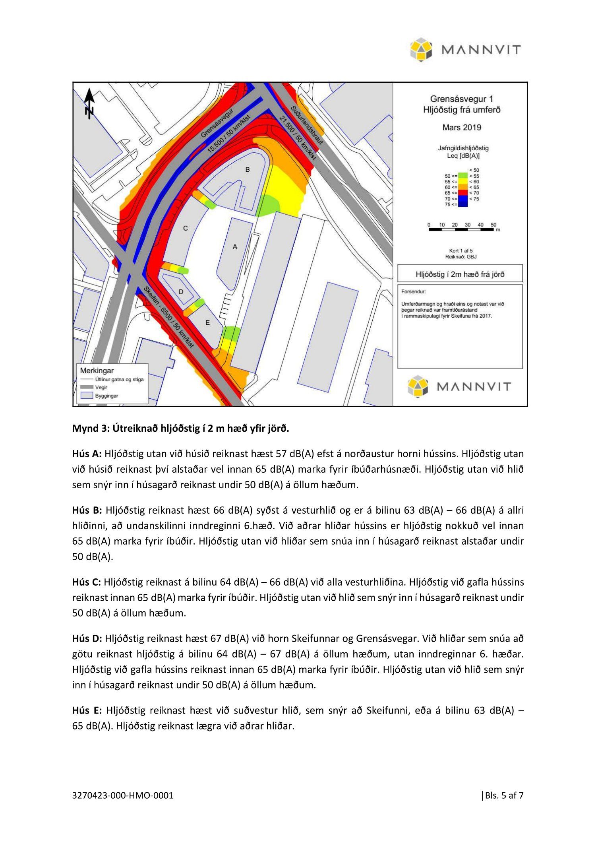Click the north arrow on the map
pos(90,103)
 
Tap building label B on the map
pos(248,170)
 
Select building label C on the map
pos(185,229)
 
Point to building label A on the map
pos(235,247)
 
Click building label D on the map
pos(181,292)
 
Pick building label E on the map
pos(207,323)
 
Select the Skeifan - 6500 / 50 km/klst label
pos(168,317)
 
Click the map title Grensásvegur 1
pos(461,99)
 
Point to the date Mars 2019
pos(461,128)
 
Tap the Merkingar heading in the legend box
pos(97,371)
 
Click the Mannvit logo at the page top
pos(465,50)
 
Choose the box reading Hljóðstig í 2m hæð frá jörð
pos(460,274)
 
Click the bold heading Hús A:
pos(87,454)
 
